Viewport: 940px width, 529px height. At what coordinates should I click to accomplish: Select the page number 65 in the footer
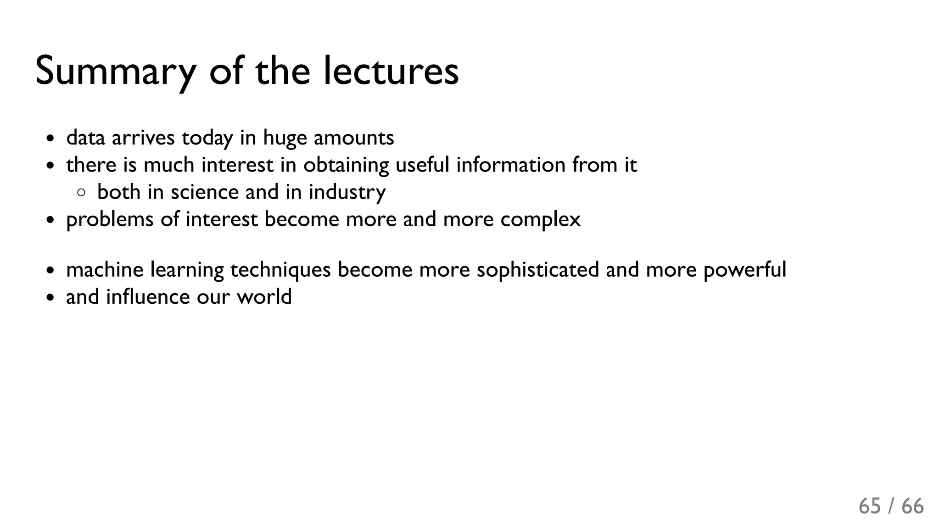tap(870, 507)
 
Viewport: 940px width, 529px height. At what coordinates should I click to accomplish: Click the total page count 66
tap(912, 507)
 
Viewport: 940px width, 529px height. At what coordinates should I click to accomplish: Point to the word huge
tap(285, 138)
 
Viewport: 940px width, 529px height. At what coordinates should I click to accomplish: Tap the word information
tap(510, 165)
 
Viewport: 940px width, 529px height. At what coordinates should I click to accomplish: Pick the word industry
tap(347, 192)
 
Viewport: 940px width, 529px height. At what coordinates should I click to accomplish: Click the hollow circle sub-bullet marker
tap(81, 193)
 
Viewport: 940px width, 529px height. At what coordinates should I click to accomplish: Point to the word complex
tap(540, 219)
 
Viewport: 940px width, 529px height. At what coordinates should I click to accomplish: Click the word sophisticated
tap(537, 270)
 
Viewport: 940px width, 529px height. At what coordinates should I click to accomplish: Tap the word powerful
tap(744, 270)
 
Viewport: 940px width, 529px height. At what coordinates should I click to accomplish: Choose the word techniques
tap(280, 270)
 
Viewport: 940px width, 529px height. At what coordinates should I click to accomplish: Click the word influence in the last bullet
tap(148, 297)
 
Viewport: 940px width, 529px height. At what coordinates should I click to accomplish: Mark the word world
tap(264, 297)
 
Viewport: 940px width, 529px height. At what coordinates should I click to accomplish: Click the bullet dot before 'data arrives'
tap(50, 139)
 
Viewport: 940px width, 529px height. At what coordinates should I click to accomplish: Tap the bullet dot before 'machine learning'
tap(50, 271)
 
